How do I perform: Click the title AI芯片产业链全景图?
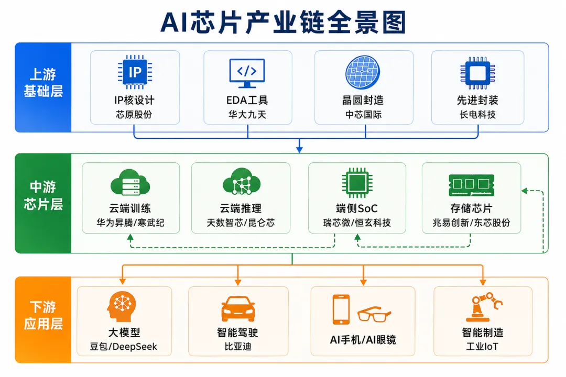pyautogui.click(x=284, y=23)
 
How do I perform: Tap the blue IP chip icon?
pyautogui.click(x=135, y=72)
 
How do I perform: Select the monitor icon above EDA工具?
pyautogui.click(x=247, y=73)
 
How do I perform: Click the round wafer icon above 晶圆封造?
pyautogui.click(x=363, y=72)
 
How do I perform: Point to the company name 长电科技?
pyautogui.click(x=477, y=115)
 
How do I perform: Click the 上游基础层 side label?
pyautogui.click(x=43, y=83)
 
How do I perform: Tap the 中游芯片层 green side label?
pyautogui.click(x=43, y=195)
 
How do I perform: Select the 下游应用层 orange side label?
pyautogui.click(x=43, y=315)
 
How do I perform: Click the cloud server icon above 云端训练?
pyautogui.click(x=130, y=182)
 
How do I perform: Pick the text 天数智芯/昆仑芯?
pyautogui.click(x=241, y=223)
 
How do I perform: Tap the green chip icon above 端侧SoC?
pyautogui.click(x=357, y=183)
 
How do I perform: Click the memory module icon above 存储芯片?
pyautogui.click(x=472, y=185)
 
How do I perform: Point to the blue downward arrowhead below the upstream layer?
pyautogui.click(x=299, y=149)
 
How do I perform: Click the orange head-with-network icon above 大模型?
pyautogui.click(x=122, y=307)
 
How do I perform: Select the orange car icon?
pyautogui.click(x=238, y=309)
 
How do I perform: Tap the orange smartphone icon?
pyautogui.click(x=341, y=309)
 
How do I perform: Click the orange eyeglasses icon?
pyautogui.click(x=374, y=314)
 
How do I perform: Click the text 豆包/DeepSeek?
pyautogui.click(x=124, y=347)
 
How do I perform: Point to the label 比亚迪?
pyautogui.click(x=238, y=347)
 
